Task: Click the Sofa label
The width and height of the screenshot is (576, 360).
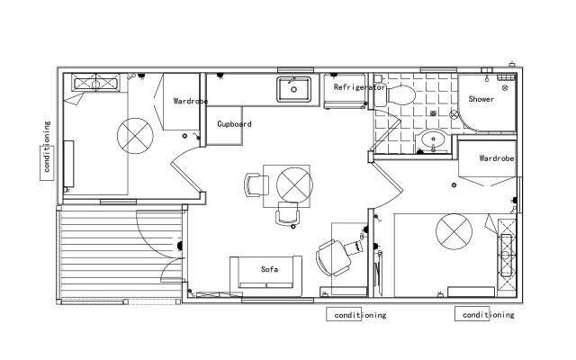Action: click(269, 269)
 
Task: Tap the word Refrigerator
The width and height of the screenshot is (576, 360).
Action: click(359, 87)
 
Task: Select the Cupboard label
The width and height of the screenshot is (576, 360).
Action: click(234, 124)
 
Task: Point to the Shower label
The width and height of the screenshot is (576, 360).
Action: click(481, 99)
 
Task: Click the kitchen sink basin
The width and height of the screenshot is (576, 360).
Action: click(293, 89)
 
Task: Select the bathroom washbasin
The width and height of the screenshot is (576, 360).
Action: click(433, 139)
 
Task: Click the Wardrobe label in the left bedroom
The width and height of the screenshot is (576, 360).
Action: click(191, 101)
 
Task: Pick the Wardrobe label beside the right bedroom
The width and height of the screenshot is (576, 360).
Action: click(497, 158)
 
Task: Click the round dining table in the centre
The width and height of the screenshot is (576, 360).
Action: click(294, 185)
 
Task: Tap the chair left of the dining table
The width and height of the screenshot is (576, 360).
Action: click(256, 184)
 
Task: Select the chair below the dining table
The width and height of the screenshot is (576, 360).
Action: click(287, 213)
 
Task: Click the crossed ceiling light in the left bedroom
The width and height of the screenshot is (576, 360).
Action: click(135, 136)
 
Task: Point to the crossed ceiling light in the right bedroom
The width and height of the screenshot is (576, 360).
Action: click(454, 232)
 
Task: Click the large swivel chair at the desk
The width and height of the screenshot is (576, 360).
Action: click(334, 258)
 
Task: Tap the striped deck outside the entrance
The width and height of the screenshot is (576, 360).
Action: click(121, 254)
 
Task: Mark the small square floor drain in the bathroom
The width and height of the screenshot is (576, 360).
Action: click(433, 113)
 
